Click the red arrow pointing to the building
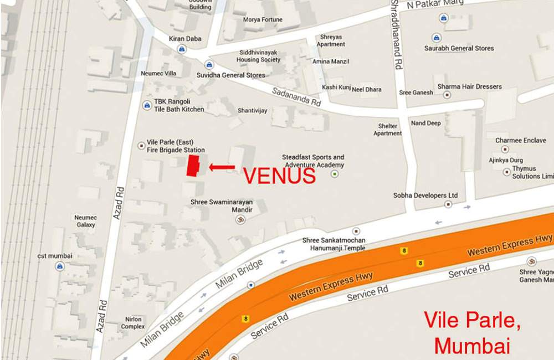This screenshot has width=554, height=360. [222, 166]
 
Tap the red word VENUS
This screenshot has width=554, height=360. [279, 176]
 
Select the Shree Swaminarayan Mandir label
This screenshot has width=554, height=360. [222, 206]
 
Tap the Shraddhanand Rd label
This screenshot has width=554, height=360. [396, 34]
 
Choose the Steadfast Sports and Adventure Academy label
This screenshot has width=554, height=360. [313, 161]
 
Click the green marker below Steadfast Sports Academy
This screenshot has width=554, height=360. [335, 174]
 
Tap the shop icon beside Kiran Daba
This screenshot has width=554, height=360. [181, 49]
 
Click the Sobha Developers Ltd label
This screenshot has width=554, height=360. [425, 196]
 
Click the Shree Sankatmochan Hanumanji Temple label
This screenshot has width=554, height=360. [334, 244]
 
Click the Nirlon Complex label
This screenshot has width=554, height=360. [132, 323]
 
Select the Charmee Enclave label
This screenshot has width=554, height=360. [520, 141]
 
